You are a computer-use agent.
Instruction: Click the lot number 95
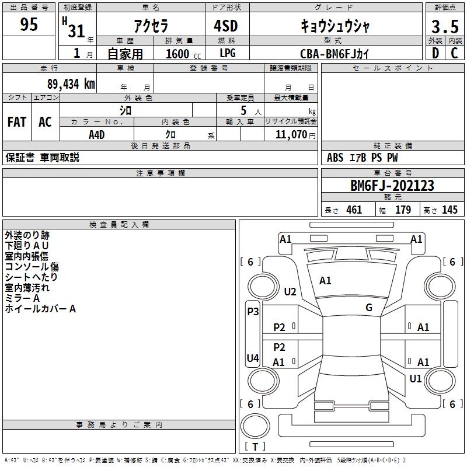click(29, 25)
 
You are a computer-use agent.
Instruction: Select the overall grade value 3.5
click(444, 27)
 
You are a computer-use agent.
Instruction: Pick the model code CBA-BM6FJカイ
click(334, 53)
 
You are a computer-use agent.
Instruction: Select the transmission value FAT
click(17, 122)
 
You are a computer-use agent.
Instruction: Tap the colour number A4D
click(96, 134)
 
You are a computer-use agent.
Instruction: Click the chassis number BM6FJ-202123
click(392, 186)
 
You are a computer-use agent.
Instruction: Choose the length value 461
click(354, 210)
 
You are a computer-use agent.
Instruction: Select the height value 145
click(449, 210)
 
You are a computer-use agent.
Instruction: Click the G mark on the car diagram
click(369, 308)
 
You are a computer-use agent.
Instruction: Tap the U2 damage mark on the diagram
click(290, 291)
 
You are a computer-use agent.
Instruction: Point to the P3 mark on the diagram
click(253, 312)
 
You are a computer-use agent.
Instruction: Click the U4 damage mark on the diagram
click(253, 358)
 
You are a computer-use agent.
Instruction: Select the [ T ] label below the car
click(255, 447)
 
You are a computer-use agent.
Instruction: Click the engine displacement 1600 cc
click(182, 54)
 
